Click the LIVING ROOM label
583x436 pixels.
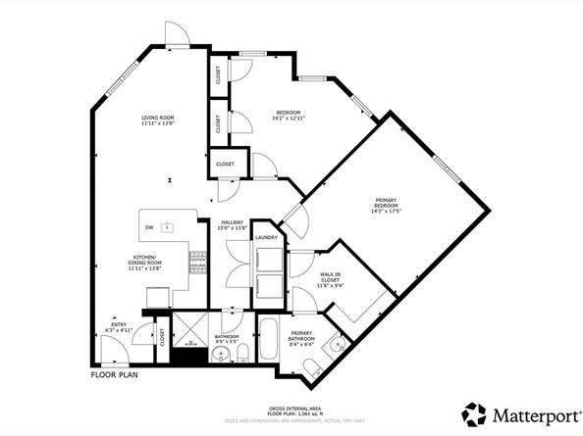(156, 117)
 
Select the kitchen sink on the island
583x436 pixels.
(168, 227)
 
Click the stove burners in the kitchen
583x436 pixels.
(197, 261)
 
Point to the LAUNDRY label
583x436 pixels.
(266, 237)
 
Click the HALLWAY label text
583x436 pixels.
(232, 222)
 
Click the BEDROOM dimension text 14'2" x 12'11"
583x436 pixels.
(288, 119)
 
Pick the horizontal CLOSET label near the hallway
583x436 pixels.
(225, 164)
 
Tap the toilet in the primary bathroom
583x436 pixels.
(308, 367)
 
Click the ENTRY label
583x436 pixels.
(119, 324)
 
